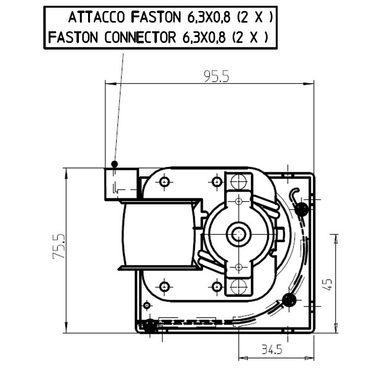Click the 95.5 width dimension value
[216, 77]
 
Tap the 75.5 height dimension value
[59, 246]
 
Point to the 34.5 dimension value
[272, 349]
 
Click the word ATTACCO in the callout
[96, 17]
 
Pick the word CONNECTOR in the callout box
[140, 38]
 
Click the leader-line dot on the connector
[115, 164]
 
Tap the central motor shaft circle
[238, 234]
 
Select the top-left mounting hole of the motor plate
[164, 182]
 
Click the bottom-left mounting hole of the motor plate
[164, 286]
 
